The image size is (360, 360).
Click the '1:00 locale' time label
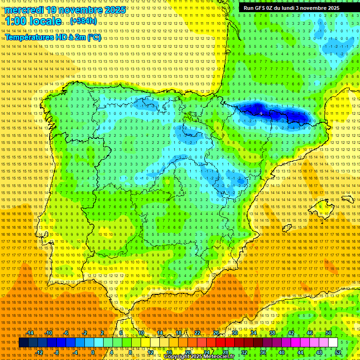point(33,22)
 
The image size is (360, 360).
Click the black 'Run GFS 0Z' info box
point(295,8)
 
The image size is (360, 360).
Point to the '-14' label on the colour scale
point(30,333)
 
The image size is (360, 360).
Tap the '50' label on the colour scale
point(328,333)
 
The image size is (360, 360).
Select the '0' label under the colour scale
point(93,352)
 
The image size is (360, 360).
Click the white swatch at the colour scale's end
point(333,343)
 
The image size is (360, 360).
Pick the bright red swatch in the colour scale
point(221,343)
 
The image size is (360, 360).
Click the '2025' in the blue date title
point(114,10)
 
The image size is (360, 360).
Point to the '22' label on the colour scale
point(197,333)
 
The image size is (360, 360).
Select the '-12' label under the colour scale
point(39,352)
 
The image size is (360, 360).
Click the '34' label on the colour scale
point(253,333)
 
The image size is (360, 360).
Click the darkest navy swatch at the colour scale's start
point(23,343)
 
